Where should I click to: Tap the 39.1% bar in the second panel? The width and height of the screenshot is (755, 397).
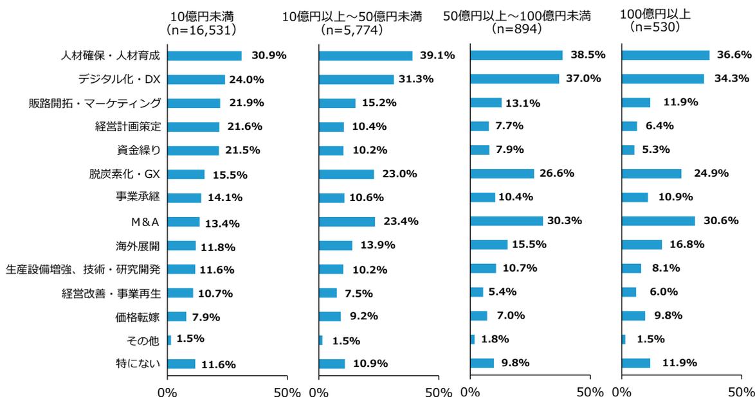tap(365, 56)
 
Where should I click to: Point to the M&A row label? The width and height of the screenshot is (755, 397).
tap(145, 222)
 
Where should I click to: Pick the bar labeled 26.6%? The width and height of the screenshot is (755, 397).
tap(502, 173)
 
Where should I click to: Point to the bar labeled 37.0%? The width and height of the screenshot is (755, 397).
tap(514, 79)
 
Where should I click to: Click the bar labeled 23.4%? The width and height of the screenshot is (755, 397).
tap(347, 222)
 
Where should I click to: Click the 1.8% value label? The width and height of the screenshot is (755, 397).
tap(495, 339)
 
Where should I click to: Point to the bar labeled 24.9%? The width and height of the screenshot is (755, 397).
tap(651, 173)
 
